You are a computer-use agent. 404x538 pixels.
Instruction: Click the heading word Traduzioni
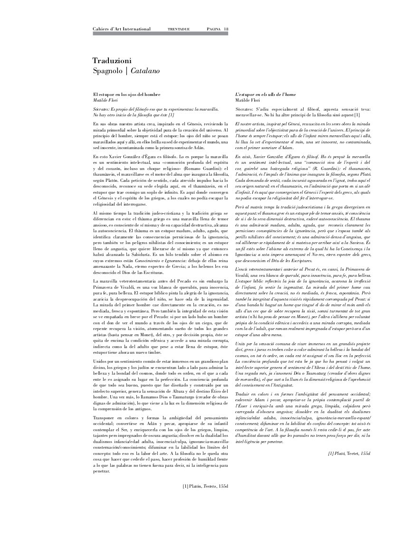(x=112, y=60)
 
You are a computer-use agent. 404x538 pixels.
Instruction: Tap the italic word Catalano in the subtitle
(x=145, y=71)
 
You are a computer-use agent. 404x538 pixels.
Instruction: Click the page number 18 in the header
(x=226, y=29)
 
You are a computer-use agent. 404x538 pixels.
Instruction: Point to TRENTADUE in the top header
(x=179, y=29)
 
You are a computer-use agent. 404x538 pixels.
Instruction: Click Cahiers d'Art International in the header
(x=122, y=29)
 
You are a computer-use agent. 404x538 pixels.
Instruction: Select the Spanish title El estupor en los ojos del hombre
(x=126, y=95)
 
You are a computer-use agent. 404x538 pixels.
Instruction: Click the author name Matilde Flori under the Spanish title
(x=105, y=100)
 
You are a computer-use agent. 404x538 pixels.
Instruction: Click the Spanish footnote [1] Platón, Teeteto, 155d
(x=205, y=486)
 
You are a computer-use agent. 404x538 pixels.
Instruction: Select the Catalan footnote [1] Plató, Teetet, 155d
(x=349, y=453)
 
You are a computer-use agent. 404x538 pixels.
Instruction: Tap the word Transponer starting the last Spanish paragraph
(x=104, y=417)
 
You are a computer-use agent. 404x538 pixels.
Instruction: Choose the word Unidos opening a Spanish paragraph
(x=99, y=362)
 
